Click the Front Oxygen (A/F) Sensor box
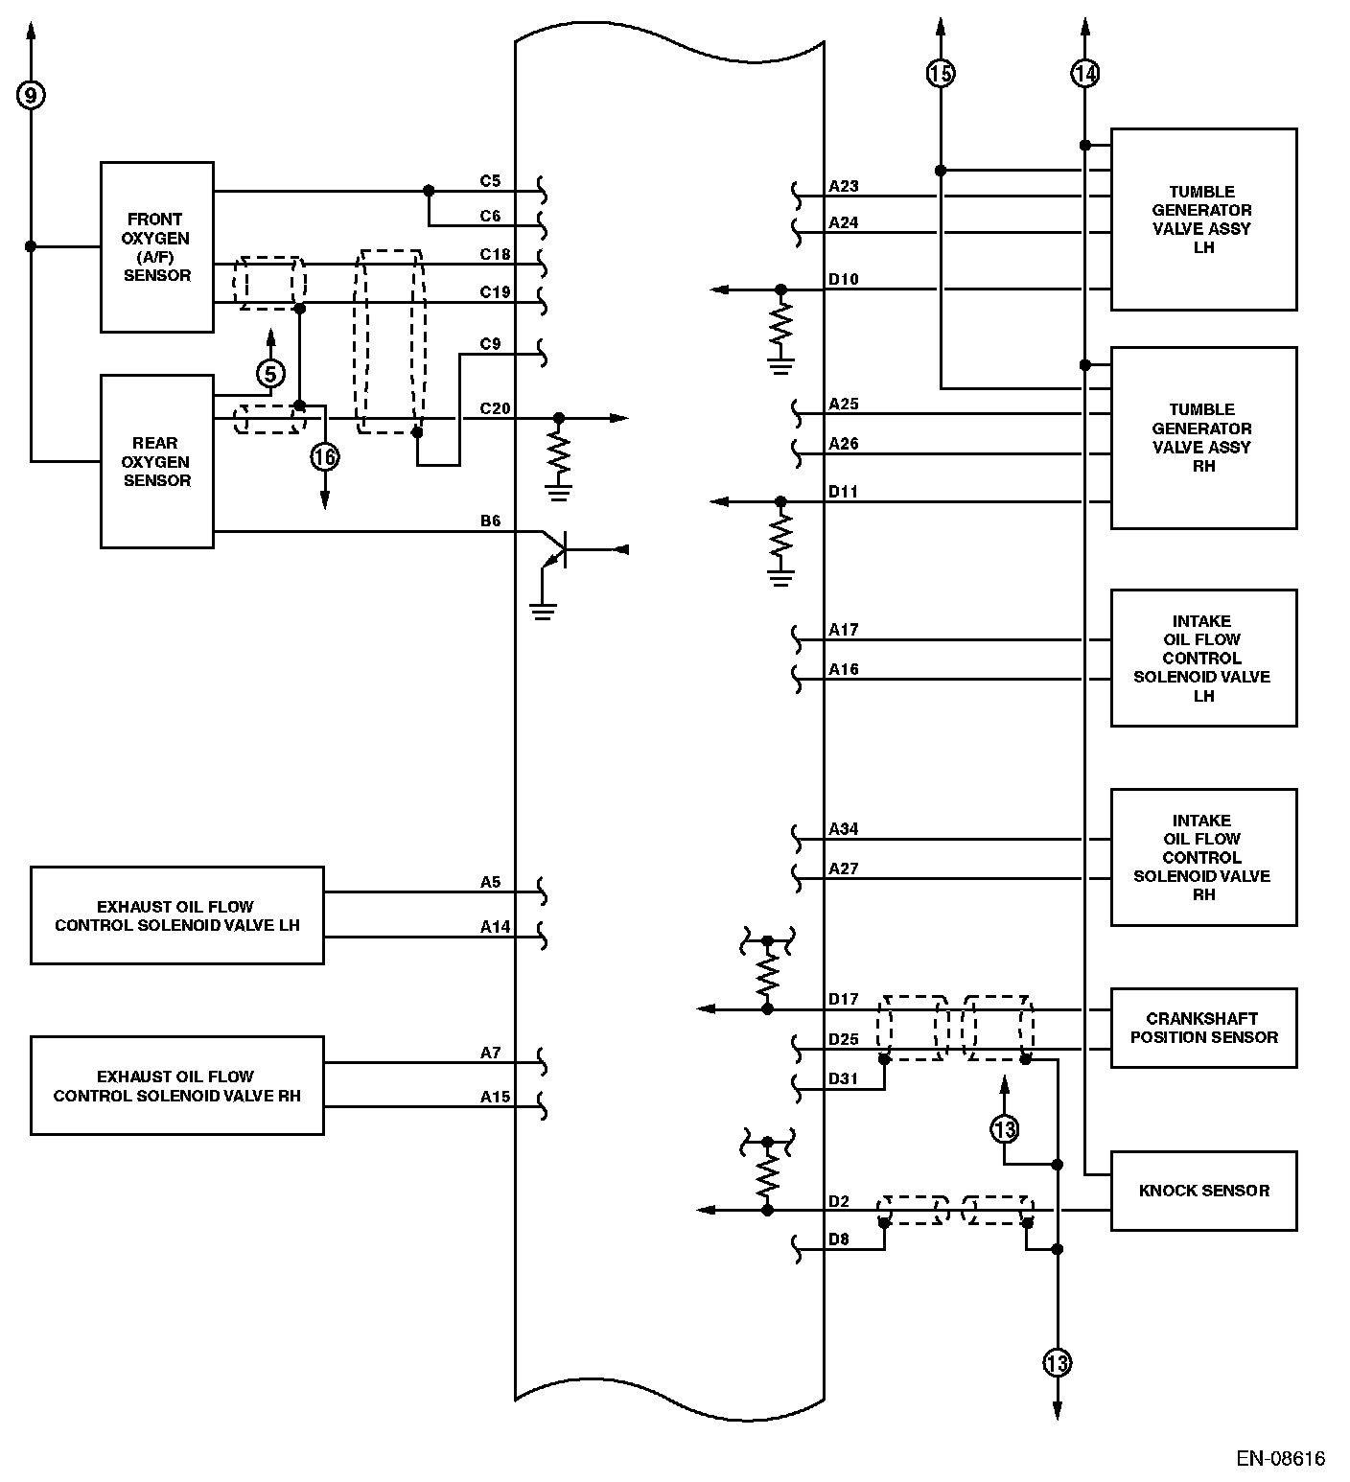[x=157, y=247]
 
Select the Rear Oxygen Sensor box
[x=157, y=461]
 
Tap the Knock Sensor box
[x=1204, y=1191]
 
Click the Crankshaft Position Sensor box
[x=1204, y=1028]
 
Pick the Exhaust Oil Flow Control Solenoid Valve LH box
[x=177, y=915]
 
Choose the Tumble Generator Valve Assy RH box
[x=1204, y=437]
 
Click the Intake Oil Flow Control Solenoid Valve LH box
[x=1204, y=658]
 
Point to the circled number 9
[x=31, y=95]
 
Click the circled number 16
[x=325, y=457]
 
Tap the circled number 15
[x=941, y=73]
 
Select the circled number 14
[x=1084, y=73]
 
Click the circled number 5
[x=270, y=373]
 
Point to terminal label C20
[x=495, y=408]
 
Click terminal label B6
[x=490, y=521]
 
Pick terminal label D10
[x=844, y=279]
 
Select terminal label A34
[x=844, y=829]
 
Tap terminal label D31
[x=844, y=1078]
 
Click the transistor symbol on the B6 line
[x=554, y=550]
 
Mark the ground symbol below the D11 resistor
[x=781, y=577]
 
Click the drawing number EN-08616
[x=1280, y=1459]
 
